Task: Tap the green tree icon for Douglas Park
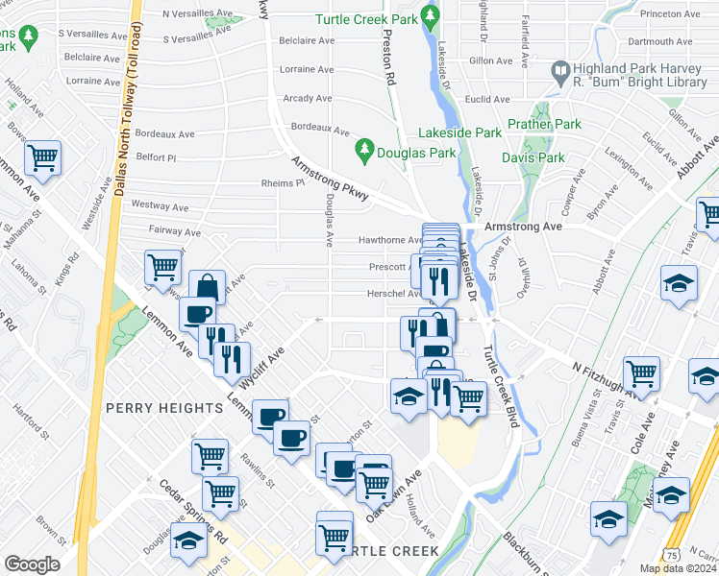364,150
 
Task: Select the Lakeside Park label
459,132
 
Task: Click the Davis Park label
533,157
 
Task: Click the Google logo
32,564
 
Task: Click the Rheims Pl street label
283,183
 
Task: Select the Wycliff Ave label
262,368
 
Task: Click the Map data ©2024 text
677,568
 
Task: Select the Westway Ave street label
159,205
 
